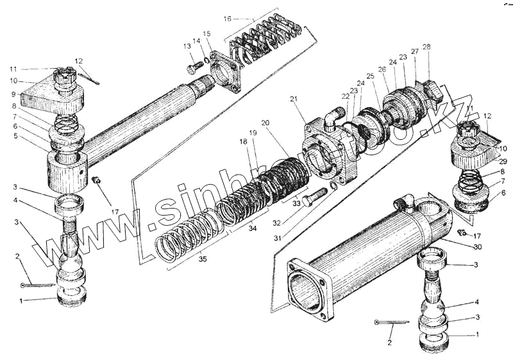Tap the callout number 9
[x=12, y=95]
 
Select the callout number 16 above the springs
[x=227, y=19]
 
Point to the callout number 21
[x=294, y=99]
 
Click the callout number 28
[x=426, y=46]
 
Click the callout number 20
[x=265, y=123]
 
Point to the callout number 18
[x=243, y=141]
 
